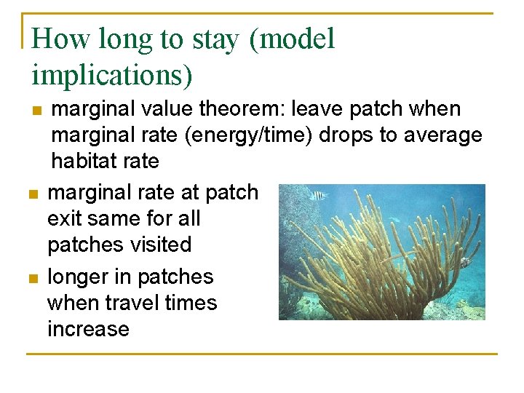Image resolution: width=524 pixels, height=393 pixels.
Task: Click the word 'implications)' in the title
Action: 111,74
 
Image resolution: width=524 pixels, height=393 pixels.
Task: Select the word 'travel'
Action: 133,303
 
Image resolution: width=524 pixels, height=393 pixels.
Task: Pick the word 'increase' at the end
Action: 88,329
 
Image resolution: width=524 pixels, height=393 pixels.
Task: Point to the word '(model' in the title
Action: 292,39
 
